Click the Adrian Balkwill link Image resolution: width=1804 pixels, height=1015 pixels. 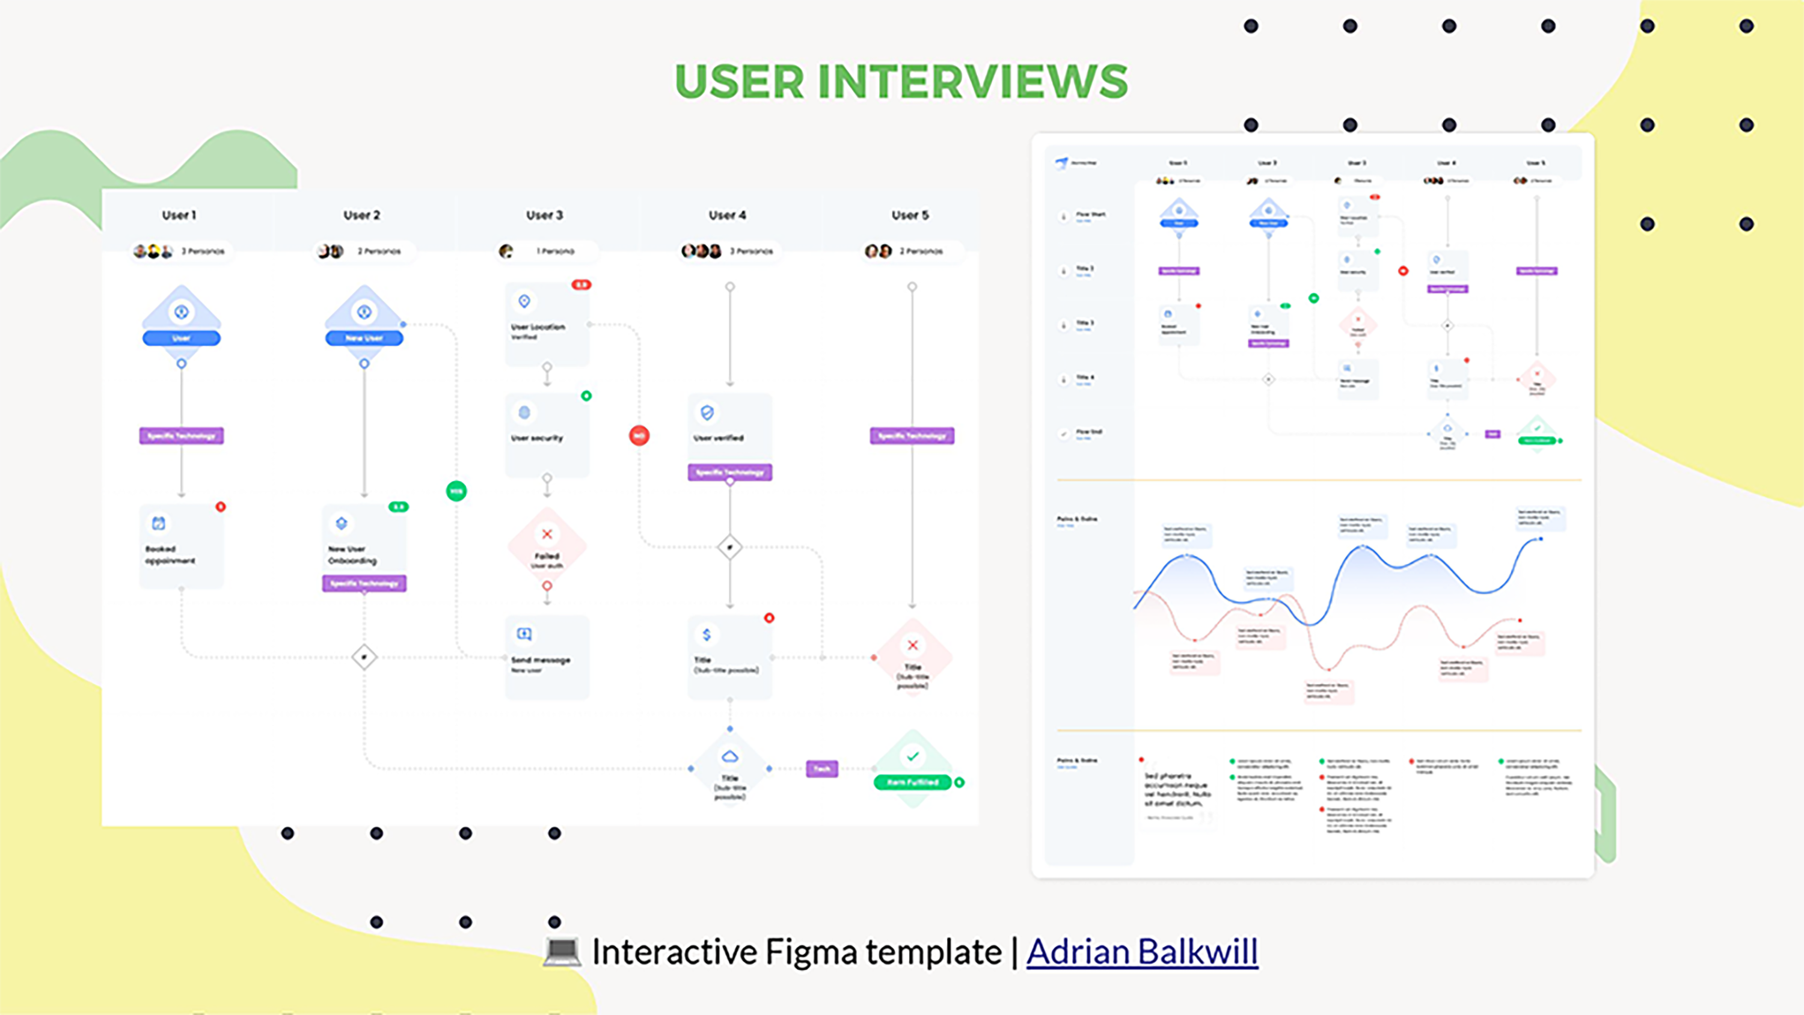tap(1141, 951)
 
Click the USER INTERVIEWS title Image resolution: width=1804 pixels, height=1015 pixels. tap(901, 81)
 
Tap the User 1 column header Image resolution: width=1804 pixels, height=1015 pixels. tap(179, 215)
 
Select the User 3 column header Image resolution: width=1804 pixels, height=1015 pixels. tap(544, 215)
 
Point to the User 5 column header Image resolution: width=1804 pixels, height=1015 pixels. tap(910, 215)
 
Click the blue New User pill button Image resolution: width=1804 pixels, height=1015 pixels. tap(364, 339)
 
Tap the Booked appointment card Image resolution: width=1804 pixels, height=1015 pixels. tap(182, 547)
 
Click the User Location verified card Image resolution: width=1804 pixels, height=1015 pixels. tap(547, 324)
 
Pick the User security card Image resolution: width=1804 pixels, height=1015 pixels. tap(547, 434)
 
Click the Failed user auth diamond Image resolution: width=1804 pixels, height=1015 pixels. tap(547, 547)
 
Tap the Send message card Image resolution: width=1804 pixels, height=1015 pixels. tap(547, 657)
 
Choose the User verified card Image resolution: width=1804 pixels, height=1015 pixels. tap(730, 428)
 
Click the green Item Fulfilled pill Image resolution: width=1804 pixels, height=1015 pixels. tap(912, 782)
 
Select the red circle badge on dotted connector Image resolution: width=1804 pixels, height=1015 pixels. tap(639, 436)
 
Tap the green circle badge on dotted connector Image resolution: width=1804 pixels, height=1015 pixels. tap(456, 491)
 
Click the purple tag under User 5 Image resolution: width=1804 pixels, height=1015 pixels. tap(912, 436)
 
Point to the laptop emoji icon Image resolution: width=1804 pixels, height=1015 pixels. tap(562, 951)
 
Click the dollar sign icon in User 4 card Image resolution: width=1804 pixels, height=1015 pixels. tap(707, 634)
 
